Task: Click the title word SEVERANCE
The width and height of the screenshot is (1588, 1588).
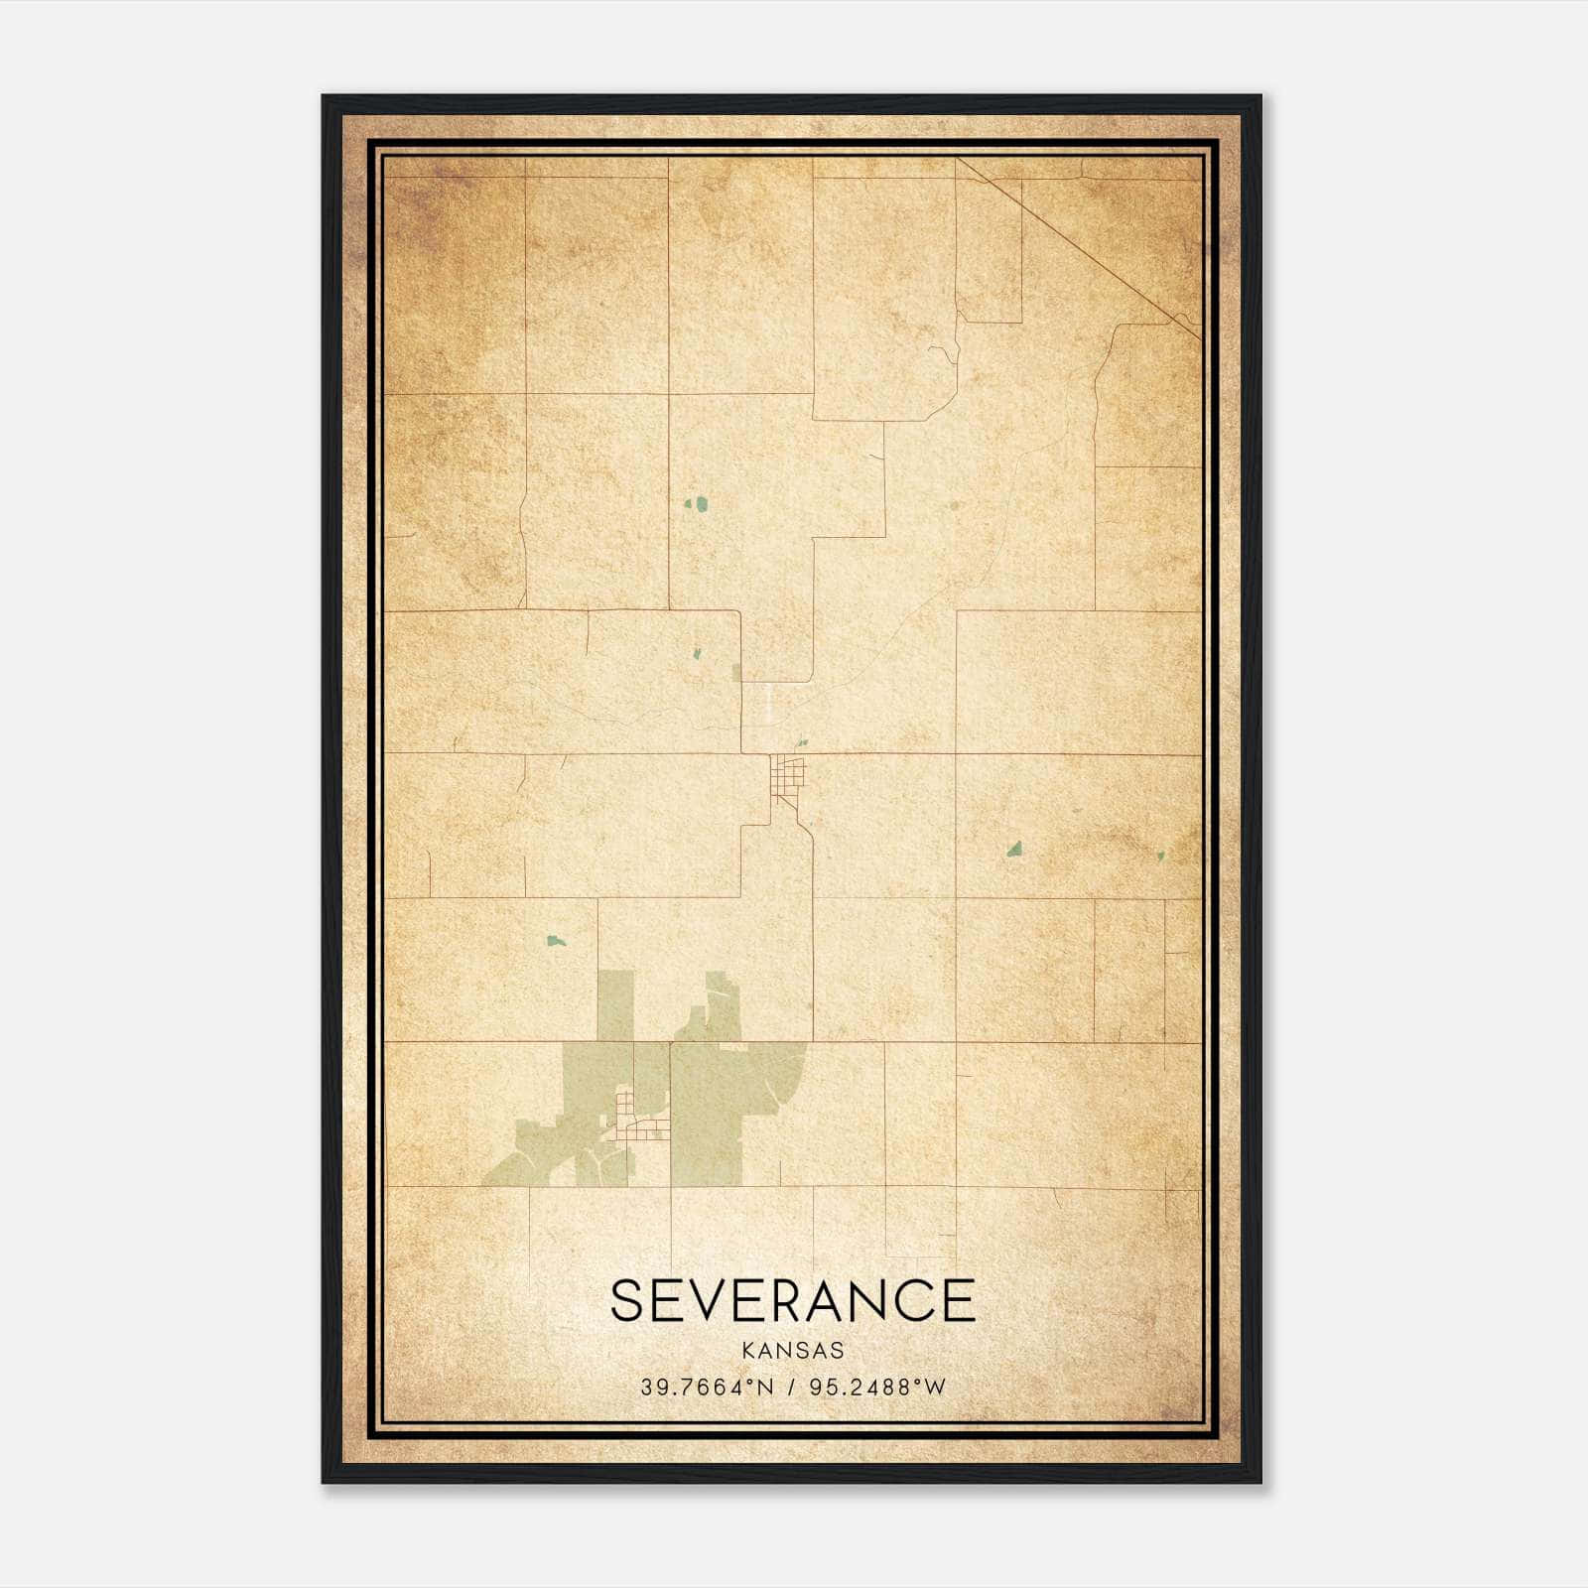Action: click(x=792, y=1301)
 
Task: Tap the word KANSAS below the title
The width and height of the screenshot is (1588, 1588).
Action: click(x=792, y=1351)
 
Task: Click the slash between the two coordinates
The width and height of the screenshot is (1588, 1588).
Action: click(x=791, y=1388)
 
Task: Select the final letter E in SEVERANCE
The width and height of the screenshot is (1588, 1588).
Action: click(x=958, y=1301)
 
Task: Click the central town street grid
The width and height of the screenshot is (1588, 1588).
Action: click(x=789, y=774)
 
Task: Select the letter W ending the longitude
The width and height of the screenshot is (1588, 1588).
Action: click(x=935, y=1388)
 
